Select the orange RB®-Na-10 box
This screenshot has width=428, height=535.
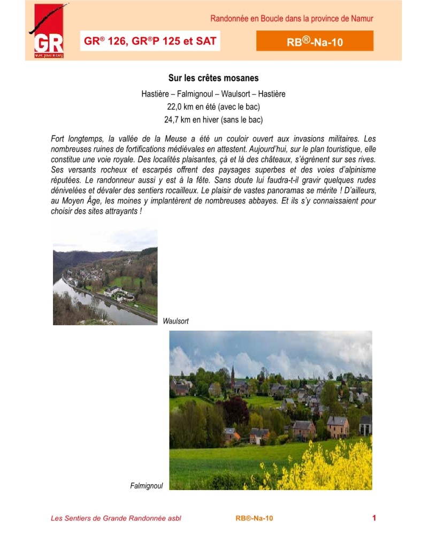pyautogui.click(x=315, y=41)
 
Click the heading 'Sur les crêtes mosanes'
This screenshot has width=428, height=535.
pyautogui.click(x=213, y=78)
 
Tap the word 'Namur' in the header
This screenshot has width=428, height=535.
pyautogui.click(x=362, y=19)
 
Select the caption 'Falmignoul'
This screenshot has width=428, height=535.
pyautogui.click(x=146, y=486)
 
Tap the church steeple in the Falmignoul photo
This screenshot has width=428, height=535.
pyautogui.click(x=233, y=374)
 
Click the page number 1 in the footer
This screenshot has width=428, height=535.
pyautogui.click(x=374, y=518)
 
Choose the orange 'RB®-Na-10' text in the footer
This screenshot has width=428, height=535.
pyautogui.click(x=254, y=518)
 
